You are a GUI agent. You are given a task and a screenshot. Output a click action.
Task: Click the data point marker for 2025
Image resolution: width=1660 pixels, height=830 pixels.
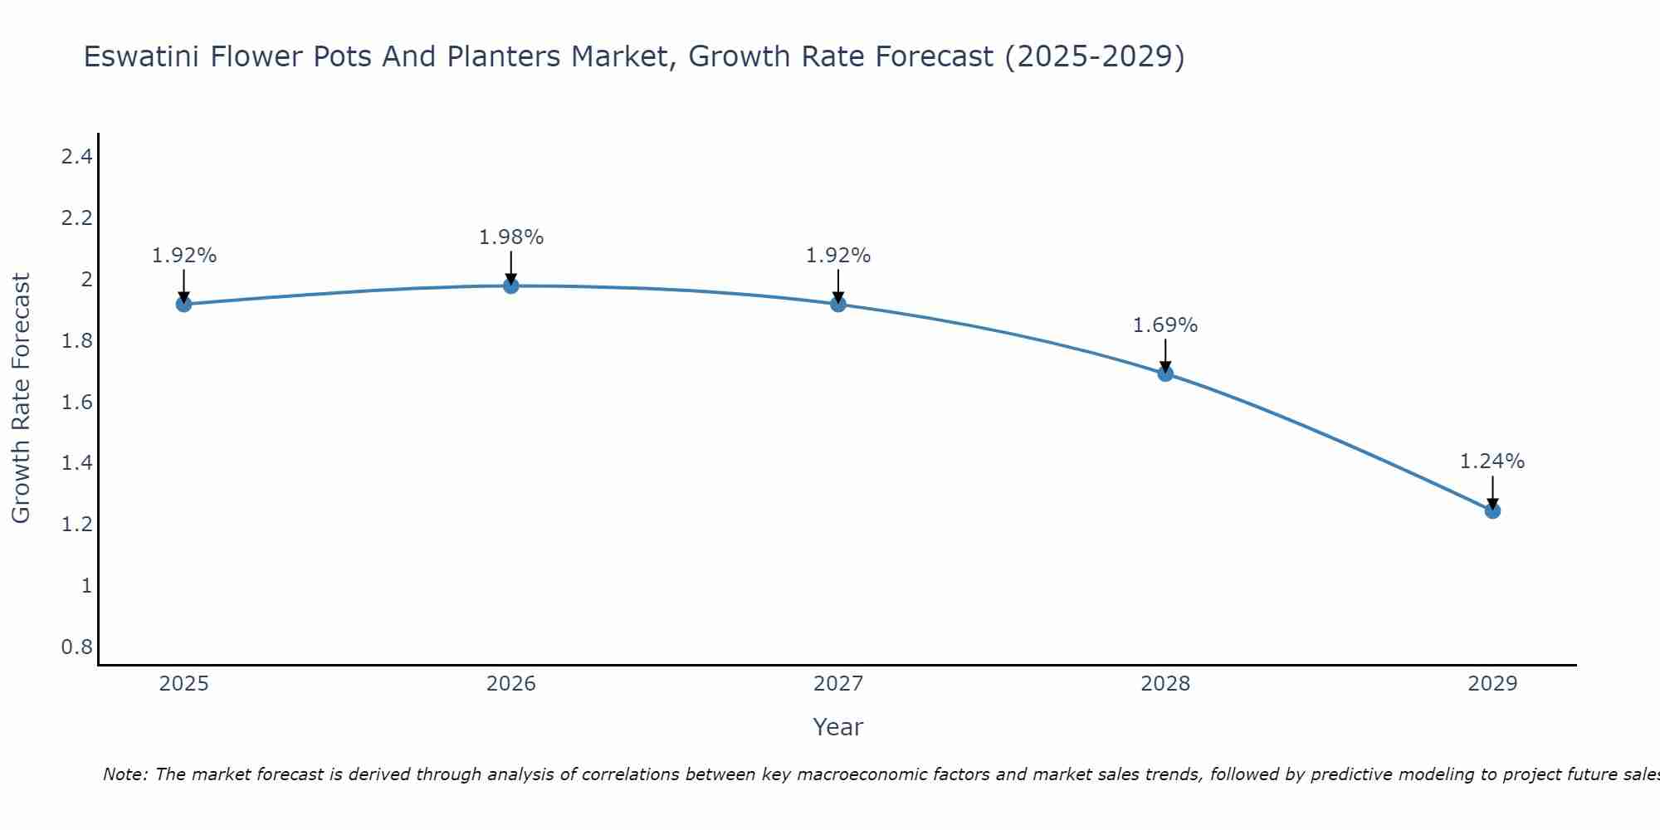coord(183,305)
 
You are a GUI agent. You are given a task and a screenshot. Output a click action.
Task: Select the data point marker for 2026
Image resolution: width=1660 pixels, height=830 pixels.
coord(511,286)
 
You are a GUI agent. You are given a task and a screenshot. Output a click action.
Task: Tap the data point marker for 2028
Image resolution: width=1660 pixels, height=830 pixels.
coord(1165,373)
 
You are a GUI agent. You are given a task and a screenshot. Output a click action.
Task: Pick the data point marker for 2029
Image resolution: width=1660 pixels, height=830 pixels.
coord(1492,510)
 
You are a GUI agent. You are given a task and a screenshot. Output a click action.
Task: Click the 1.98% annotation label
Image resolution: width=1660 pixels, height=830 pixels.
coord(511,237)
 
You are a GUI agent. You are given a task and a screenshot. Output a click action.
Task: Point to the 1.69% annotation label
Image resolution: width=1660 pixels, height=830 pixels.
coord(1165,325)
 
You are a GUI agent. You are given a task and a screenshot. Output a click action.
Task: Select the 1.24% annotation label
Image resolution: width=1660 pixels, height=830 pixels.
coord(1492,461)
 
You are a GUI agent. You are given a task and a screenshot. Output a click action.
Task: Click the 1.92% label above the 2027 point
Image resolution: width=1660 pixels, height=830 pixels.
coord(838,256)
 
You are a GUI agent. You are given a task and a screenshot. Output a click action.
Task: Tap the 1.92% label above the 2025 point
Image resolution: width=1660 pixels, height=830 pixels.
coord(183,256)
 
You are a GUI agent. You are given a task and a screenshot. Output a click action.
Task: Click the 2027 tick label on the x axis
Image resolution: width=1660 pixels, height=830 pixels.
coord(838,684)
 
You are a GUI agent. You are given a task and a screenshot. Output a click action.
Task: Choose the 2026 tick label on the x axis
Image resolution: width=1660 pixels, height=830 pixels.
coord(511,684)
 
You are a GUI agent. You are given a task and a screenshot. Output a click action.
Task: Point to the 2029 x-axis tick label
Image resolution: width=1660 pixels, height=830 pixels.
coord(1492,684)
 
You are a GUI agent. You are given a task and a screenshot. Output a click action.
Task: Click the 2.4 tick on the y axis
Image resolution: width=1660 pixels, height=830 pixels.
coord(76,157)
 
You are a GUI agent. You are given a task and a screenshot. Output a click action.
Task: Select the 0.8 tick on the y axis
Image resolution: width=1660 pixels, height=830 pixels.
coord(76,647)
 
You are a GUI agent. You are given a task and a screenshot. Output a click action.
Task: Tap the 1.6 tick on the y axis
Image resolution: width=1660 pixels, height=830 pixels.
coord(76,402)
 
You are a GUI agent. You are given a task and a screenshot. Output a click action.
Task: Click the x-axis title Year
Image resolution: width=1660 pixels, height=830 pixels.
coord(838,727)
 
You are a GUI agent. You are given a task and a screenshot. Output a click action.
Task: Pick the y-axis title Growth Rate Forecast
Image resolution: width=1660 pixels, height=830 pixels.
coord(21,398)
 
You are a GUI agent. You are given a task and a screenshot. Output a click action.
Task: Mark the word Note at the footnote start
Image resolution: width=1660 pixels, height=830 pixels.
coord(124,774)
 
